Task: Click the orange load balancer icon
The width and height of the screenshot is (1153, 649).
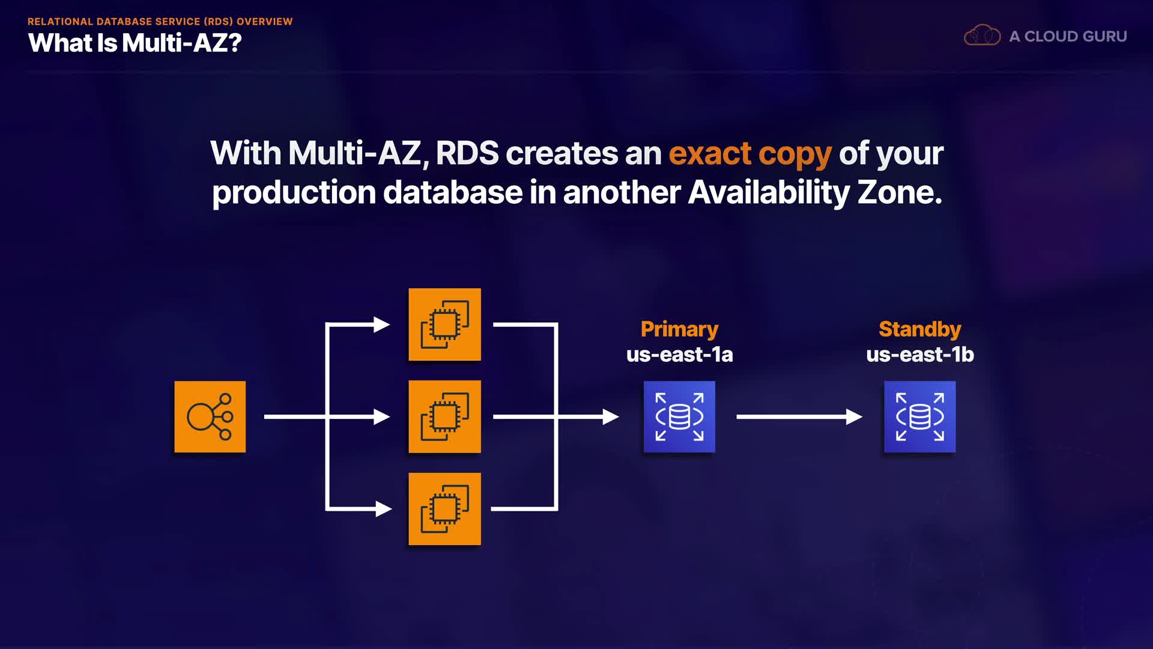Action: point(210,416)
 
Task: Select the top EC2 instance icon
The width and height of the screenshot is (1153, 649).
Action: point(444,324)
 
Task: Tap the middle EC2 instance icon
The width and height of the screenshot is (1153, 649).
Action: point(444,416)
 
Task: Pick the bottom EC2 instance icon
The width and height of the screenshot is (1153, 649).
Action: point(444,509)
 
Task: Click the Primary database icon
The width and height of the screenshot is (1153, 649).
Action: point(679,416)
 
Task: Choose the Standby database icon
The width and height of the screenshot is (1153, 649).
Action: point(920,416)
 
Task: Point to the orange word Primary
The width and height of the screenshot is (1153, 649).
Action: point(679,329)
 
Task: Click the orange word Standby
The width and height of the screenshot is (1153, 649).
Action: point(920,329)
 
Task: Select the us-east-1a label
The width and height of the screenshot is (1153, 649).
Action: point(679,355)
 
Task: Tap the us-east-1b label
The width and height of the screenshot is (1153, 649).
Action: point(920,355)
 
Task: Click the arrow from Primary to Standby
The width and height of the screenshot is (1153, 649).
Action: point(799,416)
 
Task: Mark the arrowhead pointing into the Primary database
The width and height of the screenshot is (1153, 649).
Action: point(611,416)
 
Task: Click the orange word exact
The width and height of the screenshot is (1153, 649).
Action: point(710,153)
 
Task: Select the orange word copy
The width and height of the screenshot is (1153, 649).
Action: point(795,156)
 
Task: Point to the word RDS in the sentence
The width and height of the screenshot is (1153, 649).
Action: point(467,153)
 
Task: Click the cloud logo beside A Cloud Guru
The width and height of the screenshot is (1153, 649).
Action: point(982,35)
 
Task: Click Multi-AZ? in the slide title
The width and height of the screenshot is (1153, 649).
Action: point(181,43)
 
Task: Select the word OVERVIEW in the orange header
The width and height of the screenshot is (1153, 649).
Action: point(265,22)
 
